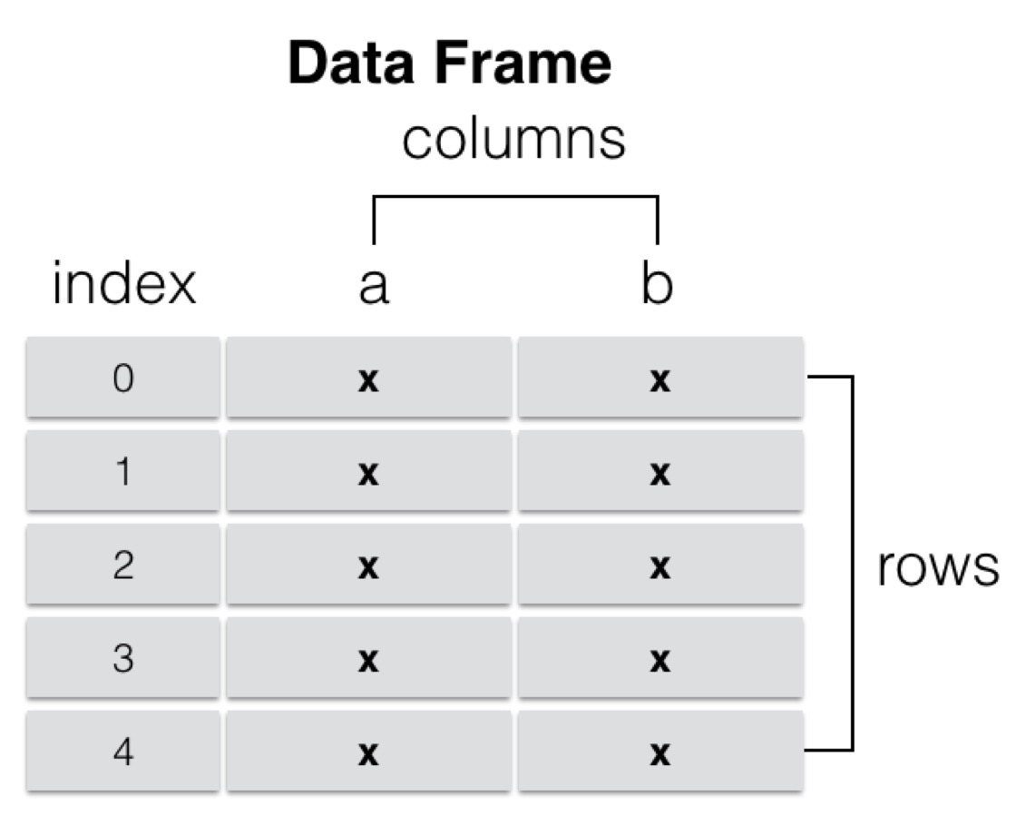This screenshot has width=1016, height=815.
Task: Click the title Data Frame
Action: (449, 64)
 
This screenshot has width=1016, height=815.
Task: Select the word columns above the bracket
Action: (513, 141)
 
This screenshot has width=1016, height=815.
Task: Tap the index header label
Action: (123, 284)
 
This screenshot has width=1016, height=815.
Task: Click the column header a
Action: (373, 285)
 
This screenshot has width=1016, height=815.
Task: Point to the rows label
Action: (937, 568)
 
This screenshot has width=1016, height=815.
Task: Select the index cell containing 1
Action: (123, 473)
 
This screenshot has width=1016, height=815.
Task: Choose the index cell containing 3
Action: (123, 660)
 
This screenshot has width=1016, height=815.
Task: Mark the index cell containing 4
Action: (123, 753)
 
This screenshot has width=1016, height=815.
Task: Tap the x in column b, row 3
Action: (659, 662)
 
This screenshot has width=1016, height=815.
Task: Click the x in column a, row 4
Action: (367, 755)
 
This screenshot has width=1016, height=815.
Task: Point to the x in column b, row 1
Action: (659, 475)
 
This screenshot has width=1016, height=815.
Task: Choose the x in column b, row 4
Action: (659, 755)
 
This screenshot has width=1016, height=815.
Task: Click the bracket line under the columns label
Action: (514, 196)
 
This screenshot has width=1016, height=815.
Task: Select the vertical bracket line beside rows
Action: (852, 563)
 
